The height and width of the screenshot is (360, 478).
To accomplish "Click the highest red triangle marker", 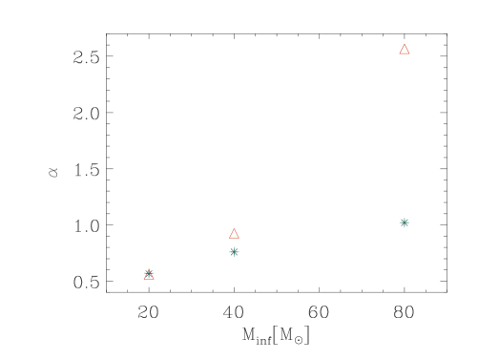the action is tap(405, 49).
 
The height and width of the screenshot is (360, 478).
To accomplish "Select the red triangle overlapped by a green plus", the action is tap(149, 275).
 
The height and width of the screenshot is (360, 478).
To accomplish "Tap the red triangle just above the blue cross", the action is tap(234, 233).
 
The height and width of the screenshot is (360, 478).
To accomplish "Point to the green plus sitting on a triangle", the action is tap(149, 272).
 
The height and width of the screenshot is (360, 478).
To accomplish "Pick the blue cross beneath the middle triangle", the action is tap(234, 252).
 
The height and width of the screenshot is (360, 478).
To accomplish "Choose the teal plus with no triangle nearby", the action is tap(405, 222).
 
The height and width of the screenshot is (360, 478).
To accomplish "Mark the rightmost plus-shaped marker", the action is tap(405, 222).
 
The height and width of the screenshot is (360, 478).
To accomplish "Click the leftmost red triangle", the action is tap(149, 275).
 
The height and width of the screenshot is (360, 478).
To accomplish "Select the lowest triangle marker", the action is tap(149, 275).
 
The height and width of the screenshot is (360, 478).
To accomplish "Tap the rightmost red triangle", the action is tap(405, 49).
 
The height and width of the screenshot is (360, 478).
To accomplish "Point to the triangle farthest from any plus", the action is tap(405, 49).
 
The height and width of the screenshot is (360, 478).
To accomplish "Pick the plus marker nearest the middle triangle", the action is tap(234, 252).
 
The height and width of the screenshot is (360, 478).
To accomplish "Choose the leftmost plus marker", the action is tap(149, 272).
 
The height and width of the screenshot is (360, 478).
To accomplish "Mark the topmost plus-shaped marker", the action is tap(405, 222).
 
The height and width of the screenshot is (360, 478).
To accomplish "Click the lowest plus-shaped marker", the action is tap(149, 272).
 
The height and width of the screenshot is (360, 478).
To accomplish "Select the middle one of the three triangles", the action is tap(234, 233).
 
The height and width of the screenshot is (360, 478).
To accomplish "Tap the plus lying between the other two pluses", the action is tap(234, 252).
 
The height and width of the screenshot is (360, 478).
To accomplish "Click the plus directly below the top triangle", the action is tap(405, 222).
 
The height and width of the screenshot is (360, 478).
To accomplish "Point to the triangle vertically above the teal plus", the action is tap(405, 49).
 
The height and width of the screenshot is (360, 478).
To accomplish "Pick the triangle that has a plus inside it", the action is tap(149, 275).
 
